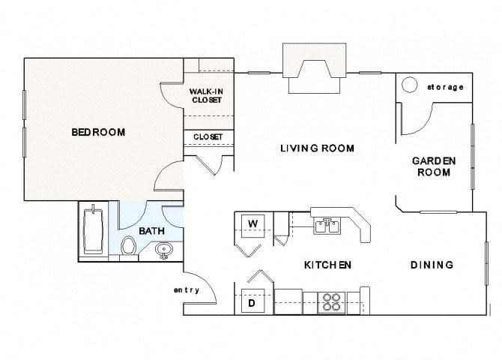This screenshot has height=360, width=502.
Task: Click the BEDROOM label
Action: click(x=98, y=133)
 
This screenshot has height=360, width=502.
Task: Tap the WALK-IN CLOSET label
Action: click(x=206, y=96)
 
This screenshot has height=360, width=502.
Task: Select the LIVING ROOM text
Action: click(x=317, y=148)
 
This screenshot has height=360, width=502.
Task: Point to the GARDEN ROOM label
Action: click(x=433, y=166)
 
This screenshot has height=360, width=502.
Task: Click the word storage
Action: click(x=445, y=87)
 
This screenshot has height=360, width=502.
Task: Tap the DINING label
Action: click(x=432, y=265)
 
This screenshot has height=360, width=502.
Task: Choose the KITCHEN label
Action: click(x=327, y=265)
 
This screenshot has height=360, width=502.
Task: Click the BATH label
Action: click(x=152, y=232)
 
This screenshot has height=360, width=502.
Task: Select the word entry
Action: click(x=186, y=290)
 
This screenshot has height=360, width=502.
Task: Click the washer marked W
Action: click(x=253, y=223)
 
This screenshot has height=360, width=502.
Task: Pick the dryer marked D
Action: click(x=252, y=303)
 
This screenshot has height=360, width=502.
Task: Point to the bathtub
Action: click(x=94, y=230)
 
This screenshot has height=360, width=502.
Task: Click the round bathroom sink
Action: click(x=164, y=250)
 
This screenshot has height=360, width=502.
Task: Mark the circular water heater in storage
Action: click(x=410, y=85)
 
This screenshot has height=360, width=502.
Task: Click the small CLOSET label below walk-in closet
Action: click(x=208, y=137)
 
